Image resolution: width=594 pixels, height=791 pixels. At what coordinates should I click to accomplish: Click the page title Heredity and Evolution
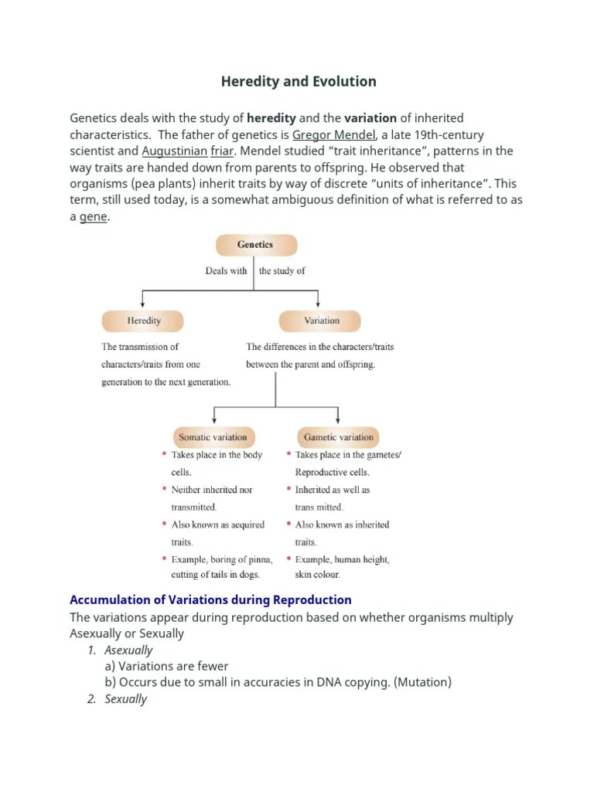299,81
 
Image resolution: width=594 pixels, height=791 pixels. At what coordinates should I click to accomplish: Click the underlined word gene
94,217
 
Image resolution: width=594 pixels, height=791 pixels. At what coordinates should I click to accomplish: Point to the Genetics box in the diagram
255,245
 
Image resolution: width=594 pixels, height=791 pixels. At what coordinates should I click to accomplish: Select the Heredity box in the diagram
143,321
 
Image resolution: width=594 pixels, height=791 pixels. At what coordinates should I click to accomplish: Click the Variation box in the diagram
321,321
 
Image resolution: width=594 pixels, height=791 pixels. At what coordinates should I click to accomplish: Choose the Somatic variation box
213,437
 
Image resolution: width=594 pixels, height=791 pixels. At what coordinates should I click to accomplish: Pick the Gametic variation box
339,437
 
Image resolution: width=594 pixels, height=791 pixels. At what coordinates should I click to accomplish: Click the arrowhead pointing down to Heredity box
143,304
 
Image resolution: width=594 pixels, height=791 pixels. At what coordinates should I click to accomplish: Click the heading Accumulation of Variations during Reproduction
210,599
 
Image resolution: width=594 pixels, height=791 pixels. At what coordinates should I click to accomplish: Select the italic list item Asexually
128,650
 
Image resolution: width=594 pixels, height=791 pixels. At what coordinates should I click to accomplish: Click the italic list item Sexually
125,699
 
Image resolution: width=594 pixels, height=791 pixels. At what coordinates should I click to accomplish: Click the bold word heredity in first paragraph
271,118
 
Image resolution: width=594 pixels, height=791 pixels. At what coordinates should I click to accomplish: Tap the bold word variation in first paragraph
370,118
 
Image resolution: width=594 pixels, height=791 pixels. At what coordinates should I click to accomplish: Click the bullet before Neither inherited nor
164,489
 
